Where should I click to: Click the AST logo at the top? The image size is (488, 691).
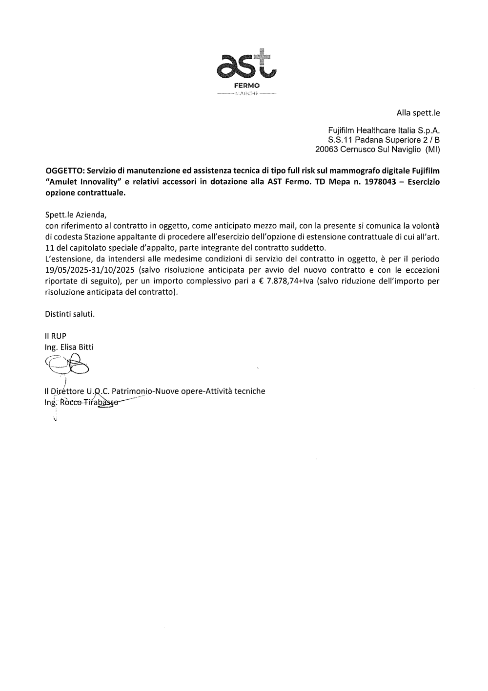click(246, 66)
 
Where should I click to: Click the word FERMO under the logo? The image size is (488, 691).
click(246, 86)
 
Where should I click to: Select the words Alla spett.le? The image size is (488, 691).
click(418, 113)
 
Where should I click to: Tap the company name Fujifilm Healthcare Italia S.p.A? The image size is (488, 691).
click(384, 131)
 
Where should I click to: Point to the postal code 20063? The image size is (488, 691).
click(326, 150)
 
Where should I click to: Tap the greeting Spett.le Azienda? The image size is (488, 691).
click(75, 215)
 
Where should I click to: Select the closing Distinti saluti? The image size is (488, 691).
click(69, 314)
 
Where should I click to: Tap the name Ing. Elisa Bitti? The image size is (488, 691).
click(69, 347)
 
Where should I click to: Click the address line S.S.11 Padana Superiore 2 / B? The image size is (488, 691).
click(384, 140)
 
